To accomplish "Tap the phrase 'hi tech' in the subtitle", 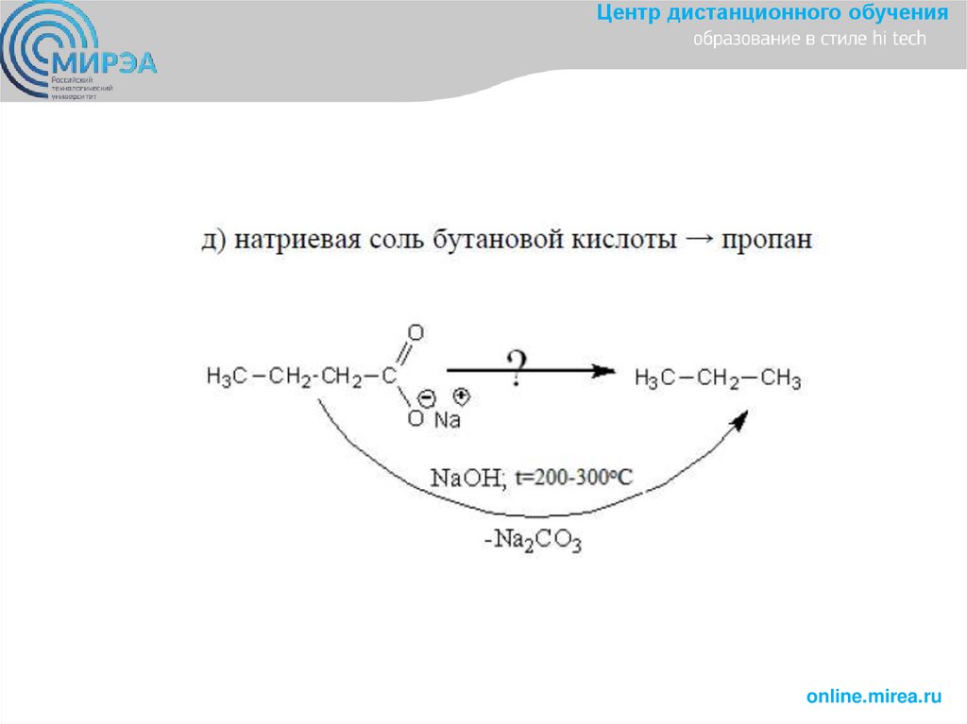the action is (x=906, y=40).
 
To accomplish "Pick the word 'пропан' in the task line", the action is (x=767, y=240).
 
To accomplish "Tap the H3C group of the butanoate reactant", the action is (x=227, y=378).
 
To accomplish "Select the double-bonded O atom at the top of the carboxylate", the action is (x=416, y=333).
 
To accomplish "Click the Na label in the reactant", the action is (x=447, y=420).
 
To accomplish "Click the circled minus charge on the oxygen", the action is (x=425, y=397).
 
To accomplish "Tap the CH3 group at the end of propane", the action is (x=780, y=379).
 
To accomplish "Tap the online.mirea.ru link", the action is (x=874, y=697).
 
